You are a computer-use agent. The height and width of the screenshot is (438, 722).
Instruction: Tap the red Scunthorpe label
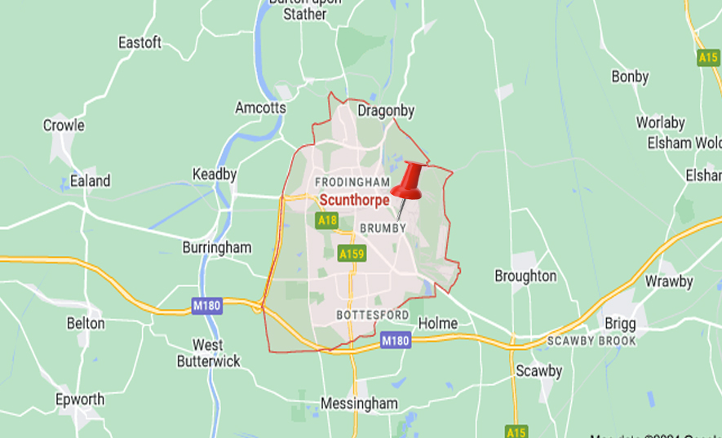pyautogui.click(x=354, y=200)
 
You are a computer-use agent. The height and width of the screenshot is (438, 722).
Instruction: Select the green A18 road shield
pyautogui.click(x=327, y=220)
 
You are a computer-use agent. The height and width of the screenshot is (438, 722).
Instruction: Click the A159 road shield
pyautogui.click(x=352, y=254)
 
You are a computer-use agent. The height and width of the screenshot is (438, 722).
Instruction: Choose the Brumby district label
pyautogui.click(x=383, y=228)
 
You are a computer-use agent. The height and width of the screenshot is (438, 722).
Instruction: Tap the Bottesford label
pyautogui.click(x=372, y=315)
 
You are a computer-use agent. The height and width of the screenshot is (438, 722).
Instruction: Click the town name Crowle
pyautogui.click(x=64, y=126)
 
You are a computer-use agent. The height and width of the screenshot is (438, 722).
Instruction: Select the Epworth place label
pyautogui.click(x=80, y=399)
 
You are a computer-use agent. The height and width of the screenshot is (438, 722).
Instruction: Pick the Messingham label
pyautogui.click(x=359, y=403)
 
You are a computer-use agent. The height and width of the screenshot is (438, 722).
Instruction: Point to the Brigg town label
pyautogui.click(x=620, y=323)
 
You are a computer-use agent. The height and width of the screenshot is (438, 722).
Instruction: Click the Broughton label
pyautogui.click(x=525, y=276)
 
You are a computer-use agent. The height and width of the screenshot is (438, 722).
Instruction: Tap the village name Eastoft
pyautogui.click(x=140, y=42)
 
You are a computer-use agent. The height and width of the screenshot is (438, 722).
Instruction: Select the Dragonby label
pyautogui.click(x=387, y=110)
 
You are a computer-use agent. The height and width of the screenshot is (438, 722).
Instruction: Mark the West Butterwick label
pyautogui.click(x=208, y=352)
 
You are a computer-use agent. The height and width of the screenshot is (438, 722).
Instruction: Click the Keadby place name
pyautogui.click(x=215, y=174)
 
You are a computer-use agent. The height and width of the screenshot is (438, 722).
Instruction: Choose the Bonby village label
pyautogui.click(x=630, y=77)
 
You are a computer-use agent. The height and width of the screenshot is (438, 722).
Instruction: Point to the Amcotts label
pyautogui.click(x=260, y=108)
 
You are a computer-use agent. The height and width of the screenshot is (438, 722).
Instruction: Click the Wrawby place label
pyautogui.click(x=669, y=281)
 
